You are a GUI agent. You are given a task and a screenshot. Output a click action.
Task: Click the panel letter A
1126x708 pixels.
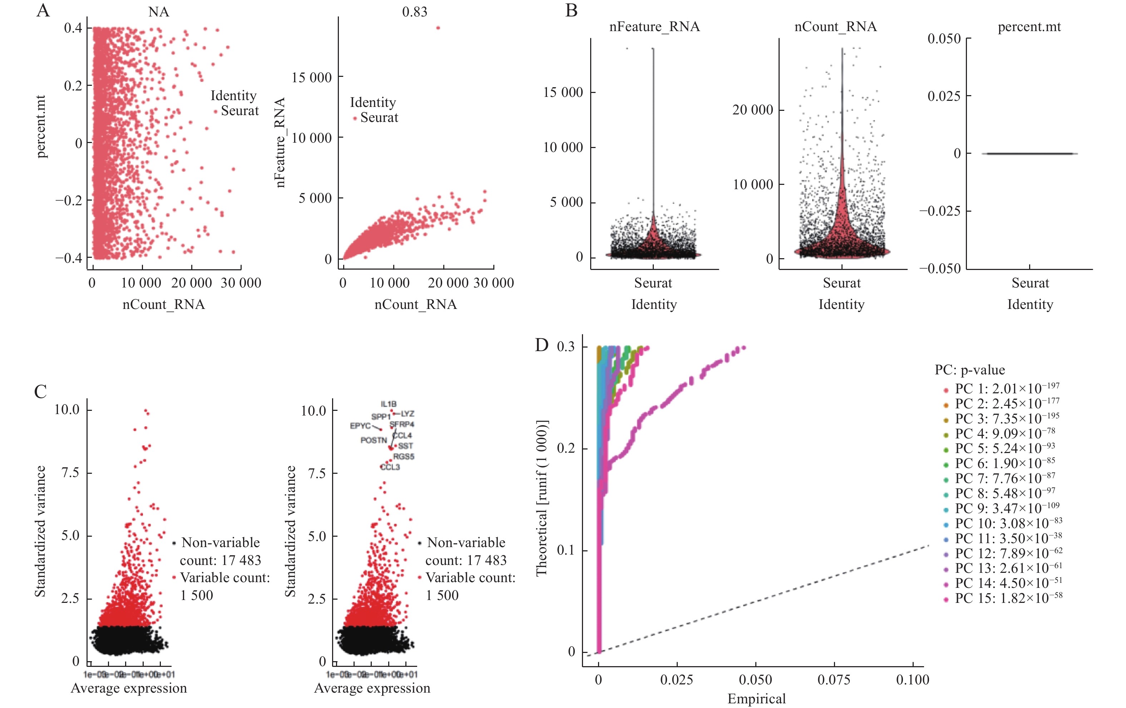click(43, 10)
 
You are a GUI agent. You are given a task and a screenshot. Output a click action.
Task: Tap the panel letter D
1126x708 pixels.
click(542, 345)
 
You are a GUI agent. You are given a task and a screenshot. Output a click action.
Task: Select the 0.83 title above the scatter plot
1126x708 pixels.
click(414, 12)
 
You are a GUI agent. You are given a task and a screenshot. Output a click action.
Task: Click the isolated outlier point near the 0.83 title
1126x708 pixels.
click(438, 28)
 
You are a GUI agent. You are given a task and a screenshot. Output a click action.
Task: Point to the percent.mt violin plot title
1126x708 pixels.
click(1029, 27)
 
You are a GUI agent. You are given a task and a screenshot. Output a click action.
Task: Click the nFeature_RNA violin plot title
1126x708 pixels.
click(654, 27)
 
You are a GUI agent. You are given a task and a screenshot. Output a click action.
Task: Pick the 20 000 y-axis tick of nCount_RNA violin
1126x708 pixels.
click(752, 110)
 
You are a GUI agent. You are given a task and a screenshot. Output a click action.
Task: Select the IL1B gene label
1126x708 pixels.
click(389, 404)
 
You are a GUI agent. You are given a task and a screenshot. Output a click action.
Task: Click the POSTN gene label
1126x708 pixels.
click(374, 441)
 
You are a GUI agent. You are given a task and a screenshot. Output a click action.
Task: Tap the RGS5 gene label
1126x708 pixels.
click(404, 456)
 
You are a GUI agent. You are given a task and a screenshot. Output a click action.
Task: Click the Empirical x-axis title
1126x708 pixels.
click(756, 699)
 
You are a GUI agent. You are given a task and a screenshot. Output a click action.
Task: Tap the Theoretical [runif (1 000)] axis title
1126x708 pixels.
click(542, 498)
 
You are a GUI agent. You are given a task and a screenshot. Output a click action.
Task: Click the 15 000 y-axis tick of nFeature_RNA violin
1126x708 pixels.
click(563, 93)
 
